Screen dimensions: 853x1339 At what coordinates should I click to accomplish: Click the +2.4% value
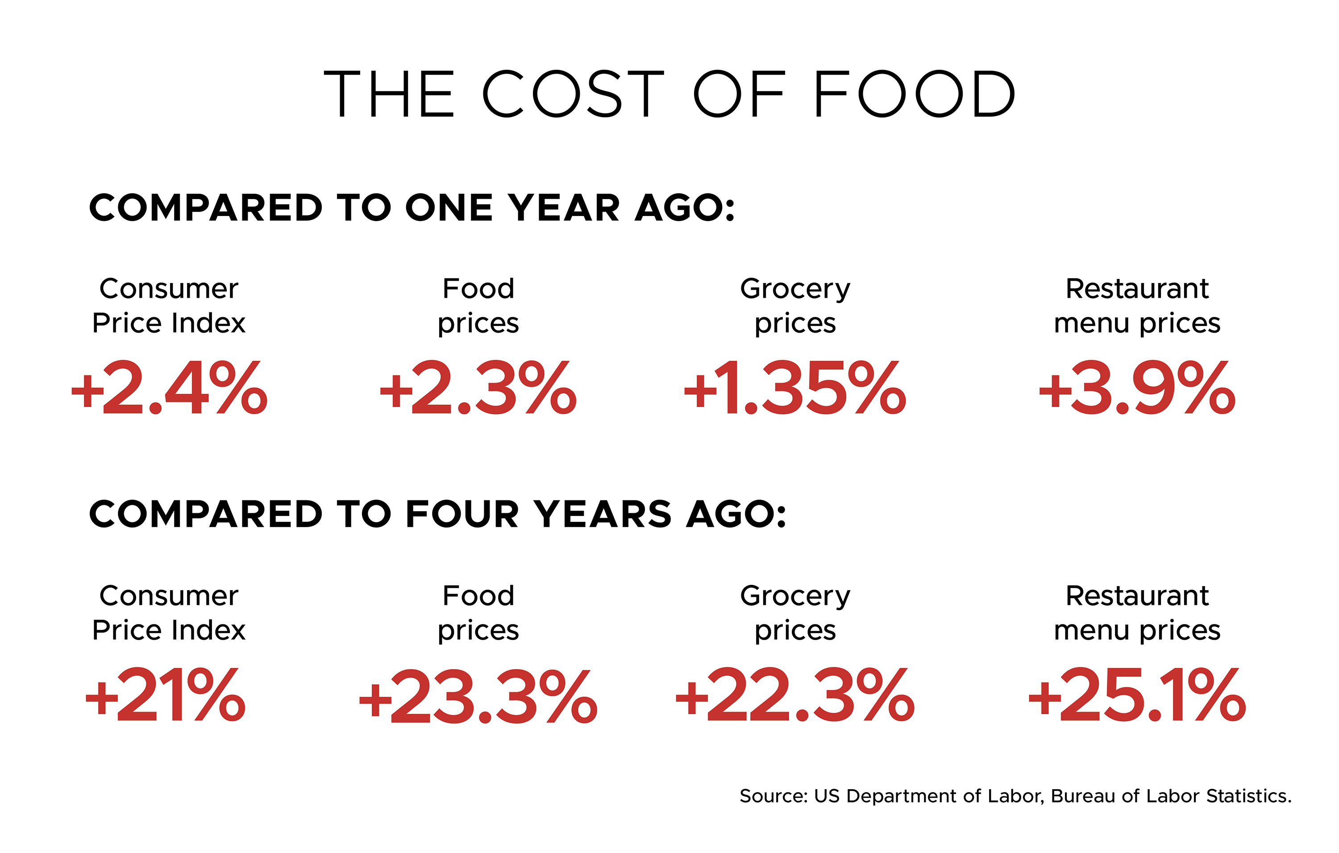(x=170, y=387)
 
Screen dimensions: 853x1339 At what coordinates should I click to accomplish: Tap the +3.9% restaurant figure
(x=1137, y=387)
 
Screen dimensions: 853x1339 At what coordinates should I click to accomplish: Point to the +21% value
(x=165, y=695)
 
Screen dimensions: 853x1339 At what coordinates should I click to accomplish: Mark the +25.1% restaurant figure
(x=1137, y=695)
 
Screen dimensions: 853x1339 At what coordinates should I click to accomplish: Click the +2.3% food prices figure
(x=478, y=387)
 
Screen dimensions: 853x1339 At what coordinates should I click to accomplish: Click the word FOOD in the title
(x=914, y=94)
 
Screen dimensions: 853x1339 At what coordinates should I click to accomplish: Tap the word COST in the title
(x=573, y=94)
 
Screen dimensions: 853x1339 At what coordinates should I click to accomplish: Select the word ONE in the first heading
(x=449, y=208)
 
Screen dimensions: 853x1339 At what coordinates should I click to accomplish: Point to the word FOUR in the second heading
(x=462, y=514)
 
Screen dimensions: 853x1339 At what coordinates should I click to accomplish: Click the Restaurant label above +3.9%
(x=1137, y=289)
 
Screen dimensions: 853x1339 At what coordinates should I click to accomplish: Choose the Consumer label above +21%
(x=168, y=596)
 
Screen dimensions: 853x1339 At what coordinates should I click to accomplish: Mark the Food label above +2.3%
(x=478, y=289)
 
